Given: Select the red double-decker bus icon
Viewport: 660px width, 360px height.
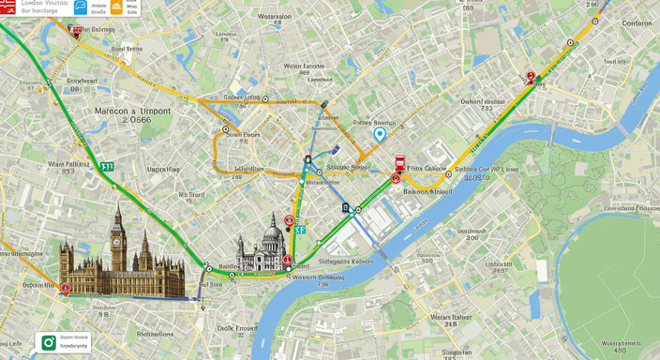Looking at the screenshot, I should point(399,161).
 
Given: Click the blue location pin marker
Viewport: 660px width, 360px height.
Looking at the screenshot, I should point(380,134).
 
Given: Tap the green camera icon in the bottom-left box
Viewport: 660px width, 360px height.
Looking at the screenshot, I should point(49,342).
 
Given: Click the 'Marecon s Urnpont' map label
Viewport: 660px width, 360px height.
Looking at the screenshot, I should point(132,111).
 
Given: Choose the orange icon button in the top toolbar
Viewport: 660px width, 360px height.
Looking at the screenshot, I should point(116,7).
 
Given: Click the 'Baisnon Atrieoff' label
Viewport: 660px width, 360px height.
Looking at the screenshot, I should point(427,190).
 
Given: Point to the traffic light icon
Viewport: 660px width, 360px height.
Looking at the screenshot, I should point(307,160).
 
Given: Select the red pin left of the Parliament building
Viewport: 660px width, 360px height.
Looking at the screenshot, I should point(66,289).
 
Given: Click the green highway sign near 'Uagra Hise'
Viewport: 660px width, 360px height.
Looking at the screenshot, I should point(107,166).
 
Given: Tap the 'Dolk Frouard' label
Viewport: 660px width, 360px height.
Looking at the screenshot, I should point(237,328).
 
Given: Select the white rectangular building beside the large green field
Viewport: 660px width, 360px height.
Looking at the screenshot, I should point(541,271).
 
